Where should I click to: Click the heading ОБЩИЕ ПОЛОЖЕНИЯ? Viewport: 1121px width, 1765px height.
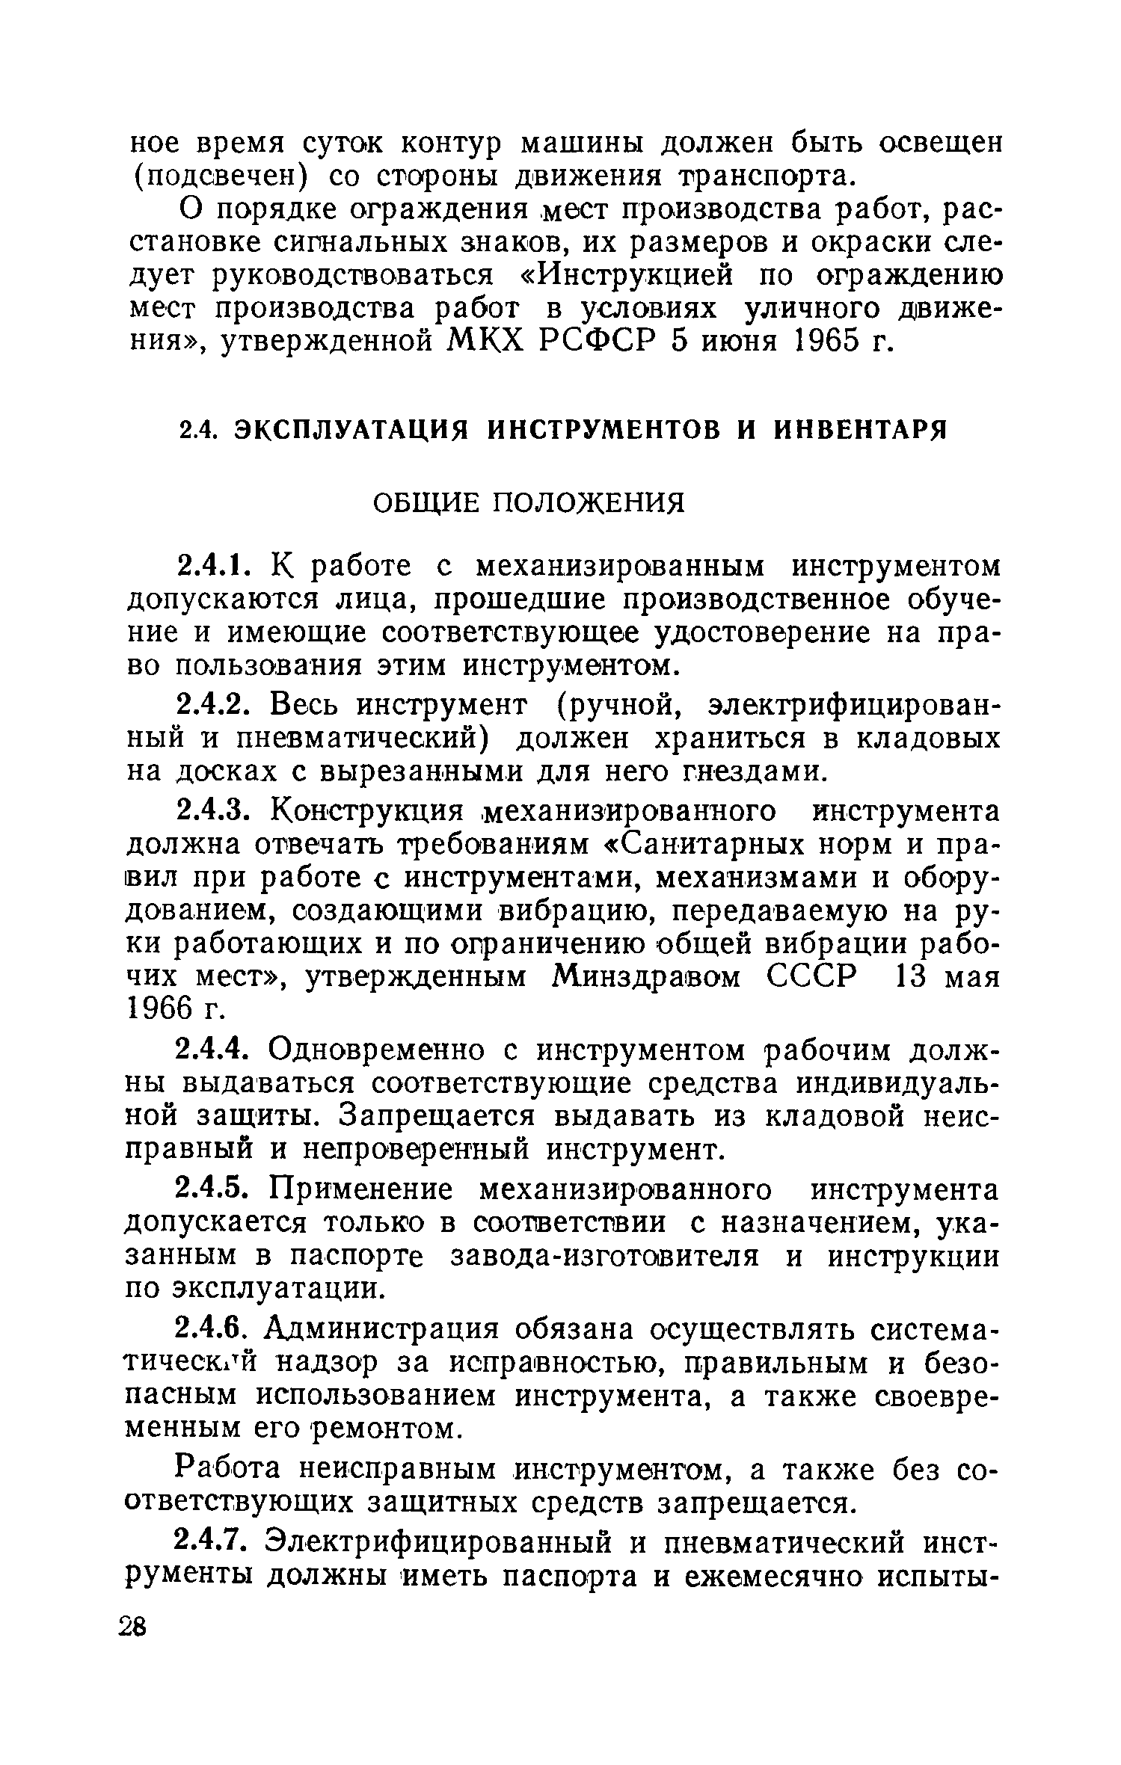[x=528, y=503]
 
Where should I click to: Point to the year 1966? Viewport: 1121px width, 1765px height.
[x=162, y=1009]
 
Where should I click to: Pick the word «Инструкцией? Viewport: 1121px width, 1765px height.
[x=617, y=276]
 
